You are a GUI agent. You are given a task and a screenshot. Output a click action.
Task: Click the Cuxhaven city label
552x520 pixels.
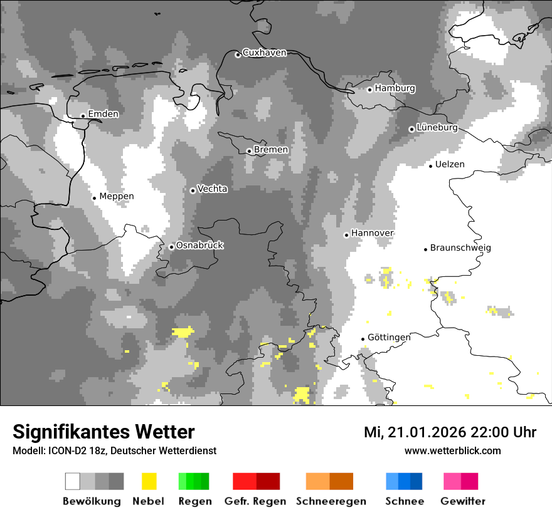pyautogui.click(x=264, y=53)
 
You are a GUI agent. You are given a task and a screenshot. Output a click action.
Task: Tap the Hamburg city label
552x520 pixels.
pyautogui.click(x=395, y=88)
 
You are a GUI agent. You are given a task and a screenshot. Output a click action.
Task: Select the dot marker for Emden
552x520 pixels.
pyautogui.click(x=83, y=115)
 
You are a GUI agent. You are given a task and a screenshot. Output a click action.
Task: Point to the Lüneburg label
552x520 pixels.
pyautogui.click(x=437, y=128)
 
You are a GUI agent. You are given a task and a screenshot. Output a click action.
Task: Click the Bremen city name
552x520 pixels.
pyautogui.click(x=271, y=150)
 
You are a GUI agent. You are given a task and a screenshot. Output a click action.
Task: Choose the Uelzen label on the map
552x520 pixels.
pyautogui.click(x=450, y=165)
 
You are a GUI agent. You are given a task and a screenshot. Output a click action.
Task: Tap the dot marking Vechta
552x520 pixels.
pyautogui.click(x=193, y=190)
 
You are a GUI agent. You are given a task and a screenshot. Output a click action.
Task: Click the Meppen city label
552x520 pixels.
pyautogui.click(x=117, y=197)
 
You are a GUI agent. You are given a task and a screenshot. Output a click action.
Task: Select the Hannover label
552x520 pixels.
pyautogui.click(x=372, y=233)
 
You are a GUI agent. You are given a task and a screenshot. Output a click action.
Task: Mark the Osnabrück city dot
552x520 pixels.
pyautogui.click(x=171, y=247)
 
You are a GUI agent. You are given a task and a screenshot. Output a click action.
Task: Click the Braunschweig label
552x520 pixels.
pyautogui.click(x=460, y=248)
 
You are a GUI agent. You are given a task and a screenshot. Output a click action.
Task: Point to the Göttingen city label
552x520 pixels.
pyautogui.click(x=389, y=338)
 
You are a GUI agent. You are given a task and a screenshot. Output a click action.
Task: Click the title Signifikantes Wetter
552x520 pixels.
pyautogui.click(x=103, y=432)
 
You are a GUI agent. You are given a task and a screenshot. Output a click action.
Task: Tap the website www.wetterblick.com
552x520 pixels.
pyautogui.click(x=452, y=450)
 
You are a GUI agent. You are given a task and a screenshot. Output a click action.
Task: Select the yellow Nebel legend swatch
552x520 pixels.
pyautogui.click(x=149, y=481)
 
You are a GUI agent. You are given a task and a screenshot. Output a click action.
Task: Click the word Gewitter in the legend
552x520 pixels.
pyautogui.click(x=462, y=501)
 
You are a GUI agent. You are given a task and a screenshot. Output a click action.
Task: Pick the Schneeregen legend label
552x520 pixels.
pyautogui.click(x=331, y=501)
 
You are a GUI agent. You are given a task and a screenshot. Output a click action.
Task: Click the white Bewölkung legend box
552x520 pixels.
pyautogui.click(x=73, y=481)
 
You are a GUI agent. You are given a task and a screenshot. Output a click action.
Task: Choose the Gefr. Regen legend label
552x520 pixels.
pyautogui.click(x=255, y=501)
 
